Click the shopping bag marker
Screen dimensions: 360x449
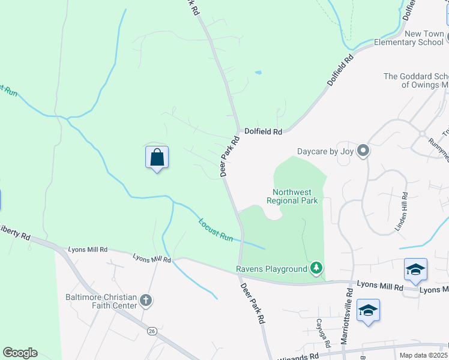click(157, 158)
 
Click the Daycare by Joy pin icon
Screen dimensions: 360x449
click(363, 151)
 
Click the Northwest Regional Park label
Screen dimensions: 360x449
click(292, 196)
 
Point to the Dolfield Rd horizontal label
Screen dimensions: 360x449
click(263, 131)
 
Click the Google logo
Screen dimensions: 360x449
click(20, 353)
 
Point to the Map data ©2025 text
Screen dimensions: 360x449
click(424, 355)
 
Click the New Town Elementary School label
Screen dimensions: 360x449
click(408, 38)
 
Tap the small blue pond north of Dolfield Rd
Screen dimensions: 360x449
click(258, 73)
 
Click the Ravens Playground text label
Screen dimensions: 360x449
click(271, 268)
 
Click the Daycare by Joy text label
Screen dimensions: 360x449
click(325, 151)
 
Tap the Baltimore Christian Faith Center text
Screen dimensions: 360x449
click(101, 301)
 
